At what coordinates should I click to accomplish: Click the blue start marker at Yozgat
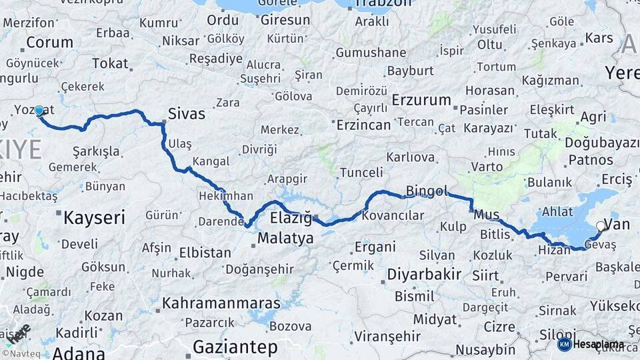[x=39, y=111]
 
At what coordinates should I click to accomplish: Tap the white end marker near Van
[x=600, y=227]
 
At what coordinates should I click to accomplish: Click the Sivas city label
[x=187, y=113]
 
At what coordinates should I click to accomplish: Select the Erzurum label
[x=421, y=100]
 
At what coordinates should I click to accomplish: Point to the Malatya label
[x=285, y=238]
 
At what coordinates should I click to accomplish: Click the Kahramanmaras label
[x=221, y=303]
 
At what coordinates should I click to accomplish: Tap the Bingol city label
[x=427, y=191]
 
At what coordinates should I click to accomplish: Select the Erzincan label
[x=363, y=125]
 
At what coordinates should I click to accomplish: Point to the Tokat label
[x=110, y=63]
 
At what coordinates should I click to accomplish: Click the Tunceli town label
[x=362, y=173]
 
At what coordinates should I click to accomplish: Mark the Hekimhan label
[x=226, y=196]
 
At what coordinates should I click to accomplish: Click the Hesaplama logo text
[x=599, y=344]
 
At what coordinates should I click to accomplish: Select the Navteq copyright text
[x=25, y=353]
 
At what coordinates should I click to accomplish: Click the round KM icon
[x=564, y=344]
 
